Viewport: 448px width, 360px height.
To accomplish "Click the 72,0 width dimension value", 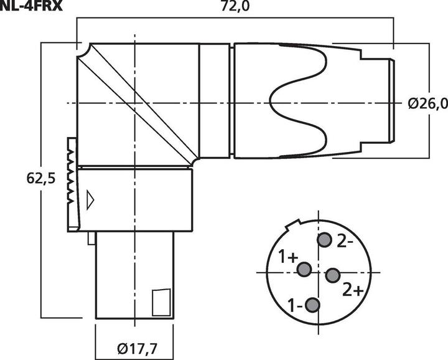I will (233, 7).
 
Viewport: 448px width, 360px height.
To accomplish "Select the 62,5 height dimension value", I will (42, 178).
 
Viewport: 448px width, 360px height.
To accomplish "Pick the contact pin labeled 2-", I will (324, 240).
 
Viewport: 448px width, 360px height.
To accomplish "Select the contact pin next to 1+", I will (304, 269).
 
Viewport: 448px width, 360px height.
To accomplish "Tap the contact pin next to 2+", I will (333, 275).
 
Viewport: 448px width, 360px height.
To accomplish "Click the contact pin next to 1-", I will (313, 305).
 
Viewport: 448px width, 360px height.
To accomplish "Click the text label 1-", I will (295, 306).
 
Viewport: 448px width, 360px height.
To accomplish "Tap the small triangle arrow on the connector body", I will (91, 199).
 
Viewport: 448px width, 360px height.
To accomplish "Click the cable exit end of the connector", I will (391, 102).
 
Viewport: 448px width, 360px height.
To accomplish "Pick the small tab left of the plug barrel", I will (91, 238).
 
